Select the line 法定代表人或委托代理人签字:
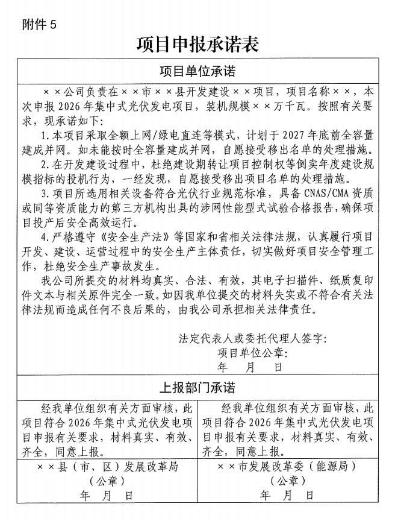click(252, 338)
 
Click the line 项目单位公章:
click(252, 352)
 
